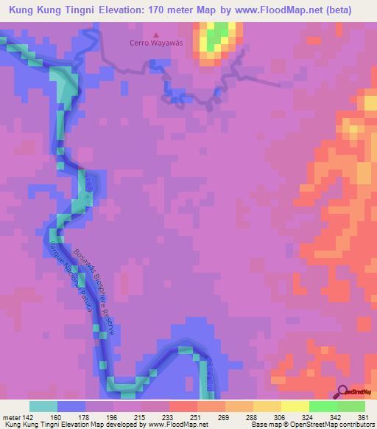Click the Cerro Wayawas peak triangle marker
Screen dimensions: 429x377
tap(155, 34)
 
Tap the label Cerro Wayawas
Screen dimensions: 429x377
tap(155, 43)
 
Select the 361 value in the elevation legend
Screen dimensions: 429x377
tap(363, 418)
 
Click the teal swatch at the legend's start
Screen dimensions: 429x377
tap(43, 406)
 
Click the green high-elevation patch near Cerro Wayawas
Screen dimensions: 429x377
tap(216, 36)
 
